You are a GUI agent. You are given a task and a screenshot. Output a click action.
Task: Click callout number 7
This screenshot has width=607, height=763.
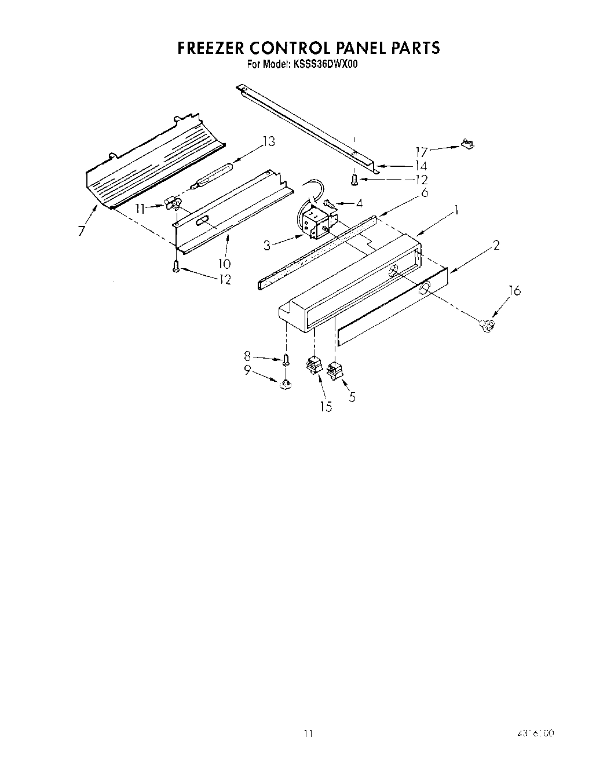pyautogui.click(x=82, y=231)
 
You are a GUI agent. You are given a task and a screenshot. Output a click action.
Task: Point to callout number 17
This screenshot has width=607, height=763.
pyautogui.click(x=421, y=152)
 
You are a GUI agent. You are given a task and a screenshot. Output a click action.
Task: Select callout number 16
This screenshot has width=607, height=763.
pyautogui.click(x=514, y=291)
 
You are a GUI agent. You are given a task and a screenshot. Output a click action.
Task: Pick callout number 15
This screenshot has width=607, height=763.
pyautogui.click(x=326, y=407)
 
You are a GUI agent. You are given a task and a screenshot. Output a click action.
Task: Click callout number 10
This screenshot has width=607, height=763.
pyautogui.click(x=224, y=264)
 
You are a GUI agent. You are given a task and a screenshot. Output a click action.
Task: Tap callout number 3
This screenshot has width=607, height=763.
pyautogui.click(x=267, y=246)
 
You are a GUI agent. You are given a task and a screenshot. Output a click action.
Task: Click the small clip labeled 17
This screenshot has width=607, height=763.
pyautogui.click(x=466, y=143)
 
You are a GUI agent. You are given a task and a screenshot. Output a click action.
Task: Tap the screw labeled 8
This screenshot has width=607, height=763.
pyautogui.click(x=286, y=360)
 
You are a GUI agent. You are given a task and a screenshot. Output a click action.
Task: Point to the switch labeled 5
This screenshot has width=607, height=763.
pyautogui.click(x=335, y=370)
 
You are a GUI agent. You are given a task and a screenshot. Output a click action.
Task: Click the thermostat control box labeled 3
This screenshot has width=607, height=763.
pyautogui.click(x=314, y=223)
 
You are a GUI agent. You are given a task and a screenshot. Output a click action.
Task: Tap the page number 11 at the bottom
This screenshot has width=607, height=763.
pyautogui.click(x=308, y=734)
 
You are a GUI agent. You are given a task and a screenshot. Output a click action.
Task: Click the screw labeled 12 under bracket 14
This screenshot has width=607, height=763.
pyautogui.click(x=353, y=181)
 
